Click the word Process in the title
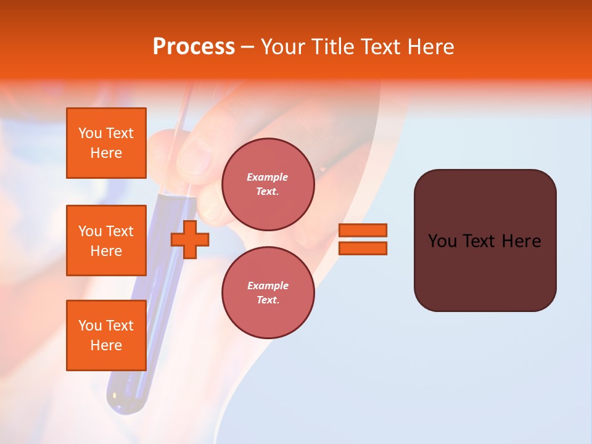point(194,47)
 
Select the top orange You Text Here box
point(106,143)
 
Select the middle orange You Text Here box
point(106,240)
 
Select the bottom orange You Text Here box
point(106,335)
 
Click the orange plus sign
point(190,240)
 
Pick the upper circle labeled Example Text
point(268,184)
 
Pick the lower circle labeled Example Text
point(268,293)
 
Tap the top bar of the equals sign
point(363,230)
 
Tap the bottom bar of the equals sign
point(363,249)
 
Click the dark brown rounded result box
point(485,271)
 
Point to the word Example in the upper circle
point(268,177)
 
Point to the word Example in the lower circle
point(268,286)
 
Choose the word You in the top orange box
point(90,133)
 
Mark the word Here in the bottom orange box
point(106,345)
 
